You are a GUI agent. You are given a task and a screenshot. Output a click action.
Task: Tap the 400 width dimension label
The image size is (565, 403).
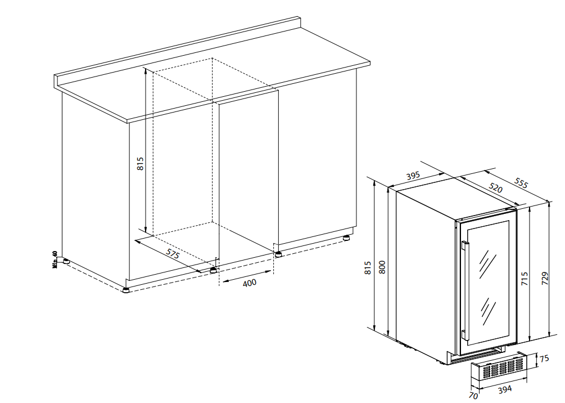pos(250,283)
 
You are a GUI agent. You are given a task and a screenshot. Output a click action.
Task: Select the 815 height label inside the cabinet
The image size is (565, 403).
pos(140,163)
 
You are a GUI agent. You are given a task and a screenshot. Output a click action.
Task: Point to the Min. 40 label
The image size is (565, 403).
pos(55,260)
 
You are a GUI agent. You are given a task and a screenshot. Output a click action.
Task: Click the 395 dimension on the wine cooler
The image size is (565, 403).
pos(413,176)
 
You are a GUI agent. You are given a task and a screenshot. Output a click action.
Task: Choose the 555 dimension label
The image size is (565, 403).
pos(521,183)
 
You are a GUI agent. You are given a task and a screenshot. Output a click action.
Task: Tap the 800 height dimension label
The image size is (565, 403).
pos(382,267)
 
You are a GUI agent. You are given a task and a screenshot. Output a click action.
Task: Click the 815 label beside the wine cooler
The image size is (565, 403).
pos(368,268)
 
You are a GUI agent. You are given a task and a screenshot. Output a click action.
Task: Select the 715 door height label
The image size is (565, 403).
pos(525,279)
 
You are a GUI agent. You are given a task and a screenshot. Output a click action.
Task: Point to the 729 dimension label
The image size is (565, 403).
pos(545,279)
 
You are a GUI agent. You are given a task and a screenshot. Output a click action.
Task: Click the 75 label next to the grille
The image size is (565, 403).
pos(544,359)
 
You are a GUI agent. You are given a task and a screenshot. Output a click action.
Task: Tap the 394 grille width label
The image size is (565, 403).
pos(504,389)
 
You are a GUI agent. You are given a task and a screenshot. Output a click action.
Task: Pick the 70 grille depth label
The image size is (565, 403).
pos(473,396)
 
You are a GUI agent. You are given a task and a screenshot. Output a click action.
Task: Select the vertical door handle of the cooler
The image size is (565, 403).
pos(465,291)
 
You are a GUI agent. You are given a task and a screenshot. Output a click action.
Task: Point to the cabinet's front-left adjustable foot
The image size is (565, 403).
pos(125,290)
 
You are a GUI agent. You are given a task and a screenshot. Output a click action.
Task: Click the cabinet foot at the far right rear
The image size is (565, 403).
pos(346,238)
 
